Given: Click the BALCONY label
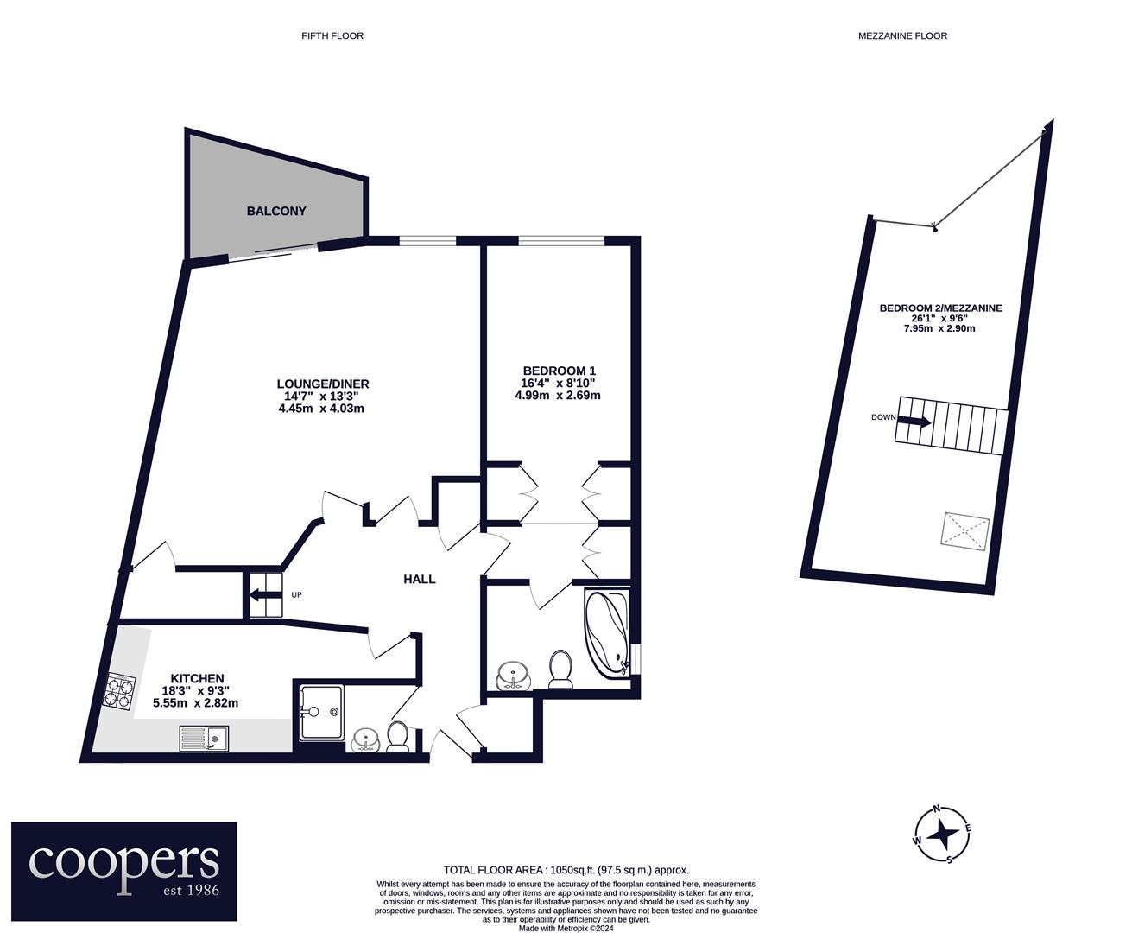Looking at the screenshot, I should pyautogui.click(x=276, y=211).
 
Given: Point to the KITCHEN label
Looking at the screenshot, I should pyautogui.click(x=197, y=678).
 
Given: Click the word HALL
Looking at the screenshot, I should pyautogui.click(x=420, y=580).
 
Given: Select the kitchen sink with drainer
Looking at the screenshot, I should pyautogui.click(x=204, y=739).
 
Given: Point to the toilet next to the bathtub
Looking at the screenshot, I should pyautogui.click(x=561, y=669).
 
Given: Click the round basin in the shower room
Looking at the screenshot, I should pyautogui.click(x=368, y=739).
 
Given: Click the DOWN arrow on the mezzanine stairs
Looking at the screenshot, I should pyautogui.click(x=914, y=422).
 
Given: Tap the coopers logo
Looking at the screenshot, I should pyautogui.click(x=123, y=871).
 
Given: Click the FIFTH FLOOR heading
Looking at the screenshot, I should pyautogui.click(x=332, y=35).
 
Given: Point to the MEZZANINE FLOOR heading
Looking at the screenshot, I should pyautogui.click(x=902, y=35).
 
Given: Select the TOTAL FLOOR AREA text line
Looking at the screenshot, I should pyautogui.click(x=566, y=870).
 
